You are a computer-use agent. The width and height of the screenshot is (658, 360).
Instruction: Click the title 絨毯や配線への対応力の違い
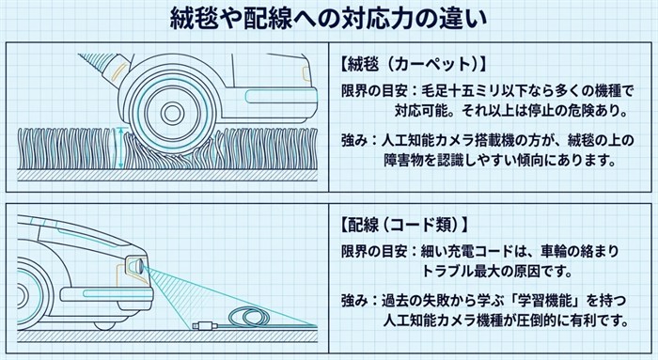point(329,20)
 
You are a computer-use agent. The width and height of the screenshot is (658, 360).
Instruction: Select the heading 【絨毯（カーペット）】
point(414,64)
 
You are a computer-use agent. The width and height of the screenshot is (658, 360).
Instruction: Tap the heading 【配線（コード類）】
point(404,225)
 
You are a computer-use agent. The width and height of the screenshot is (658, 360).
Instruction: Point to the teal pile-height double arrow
point(121,149)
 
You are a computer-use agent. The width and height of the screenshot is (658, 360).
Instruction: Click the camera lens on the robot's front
point(138,266)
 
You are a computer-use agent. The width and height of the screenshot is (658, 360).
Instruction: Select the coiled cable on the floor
point(251,318)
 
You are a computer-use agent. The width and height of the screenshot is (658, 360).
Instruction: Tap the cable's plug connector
point(204,325)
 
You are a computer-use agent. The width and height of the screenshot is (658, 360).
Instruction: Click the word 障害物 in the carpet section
point(404,160)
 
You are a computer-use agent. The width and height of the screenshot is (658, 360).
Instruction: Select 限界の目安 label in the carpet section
point(374,90)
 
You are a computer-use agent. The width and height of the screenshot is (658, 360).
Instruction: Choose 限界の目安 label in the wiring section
point(374,251)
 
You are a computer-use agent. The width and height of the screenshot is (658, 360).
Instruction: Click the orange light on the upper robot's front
point(305,71)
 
